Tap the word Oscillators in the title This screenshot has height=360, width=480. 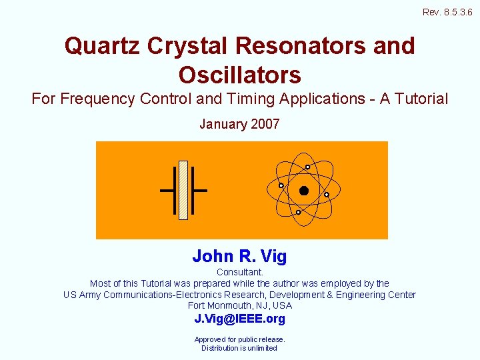[x=239, y=74]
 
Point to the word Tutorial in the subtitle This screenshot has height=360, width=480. [x=418, y=99]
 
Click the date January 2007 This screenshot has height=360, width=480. [x=239, y=124]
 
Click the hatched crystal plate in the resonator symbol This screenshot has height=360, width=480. [x=183, y=190]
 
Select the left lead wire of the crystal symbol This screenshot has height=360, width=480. [x=167, y=191]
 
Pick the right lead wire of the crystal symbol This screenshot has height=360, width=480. [x=200, y=191]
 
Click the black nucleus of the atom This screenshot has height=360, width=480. [x=304, y=191]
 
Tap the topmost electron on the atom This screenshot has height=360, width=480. [x=307, y=167]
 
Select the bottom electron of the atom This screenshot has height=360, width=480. [x=299, y=212]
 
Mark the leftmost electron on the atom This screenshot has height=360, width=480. [x=281, y=185]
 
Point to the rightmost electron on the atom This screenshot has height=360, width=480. [x=327, y=195]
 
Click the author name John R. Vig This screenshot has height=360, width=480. [x=239, y=256]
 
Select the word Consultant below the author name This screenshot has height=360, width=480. [x=240, y=272]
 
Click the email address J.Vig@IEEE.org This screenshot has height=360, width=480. [x=239, y=319]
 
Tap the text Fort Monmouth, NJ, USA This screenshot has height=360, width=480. [x=240, y=305]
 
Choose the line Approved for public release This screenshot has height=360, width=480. [x=239, y=339]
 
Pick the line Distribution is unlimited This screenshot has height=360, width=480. [x=239, y=348]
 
